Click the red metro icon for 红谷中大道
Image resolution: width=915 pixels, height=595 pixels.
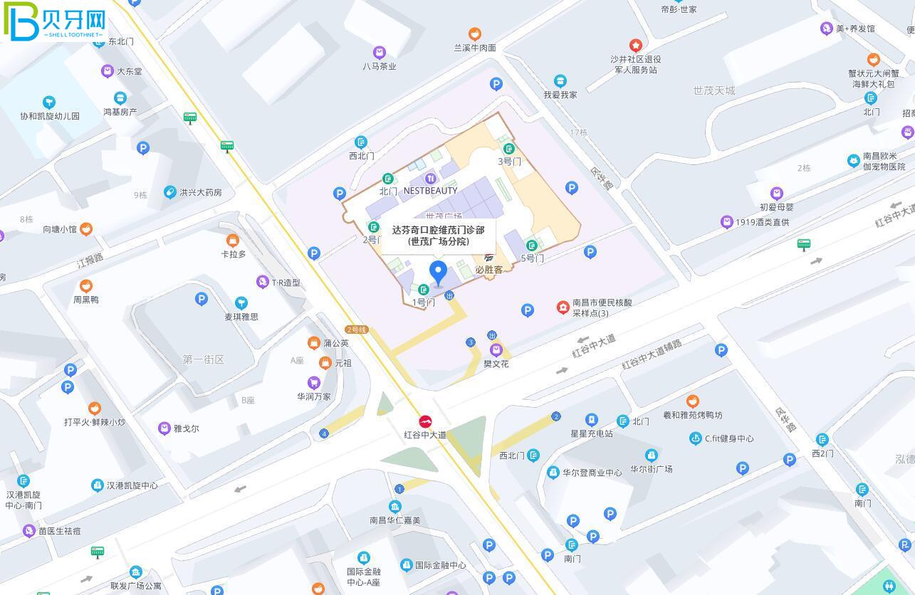point(425,421)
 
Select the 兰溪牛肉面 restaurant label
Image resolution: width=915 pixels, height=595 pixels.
point(475,48)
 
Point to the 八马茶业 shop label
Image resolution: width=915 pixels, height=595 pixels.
point(379,65)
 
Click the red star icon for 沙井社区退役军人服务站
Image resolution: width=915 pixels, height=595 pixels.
point(636,46)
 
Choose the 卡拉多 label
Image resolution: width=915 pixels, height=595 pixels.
point(233,254)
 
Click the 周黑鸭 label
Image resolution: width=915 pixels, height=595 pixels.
point(86,300)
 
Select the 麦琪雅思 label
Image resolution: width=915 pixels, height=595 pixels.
point(241,317)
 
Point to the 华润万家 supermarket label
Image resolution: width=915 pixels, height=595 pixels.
point(314,396)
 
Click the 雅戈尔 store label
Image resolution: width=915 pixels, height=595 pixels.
point(186,428)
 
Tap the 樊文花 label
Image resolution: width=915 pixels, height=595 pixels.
point(496,364)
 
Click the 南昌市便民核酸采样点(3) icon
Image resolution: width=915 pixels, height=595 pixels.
point(563,307)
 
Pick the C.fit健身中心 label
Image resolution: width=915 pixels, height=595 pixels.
point(728,438)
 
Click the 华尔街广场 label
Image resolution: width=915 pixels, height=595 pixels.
point(651,469)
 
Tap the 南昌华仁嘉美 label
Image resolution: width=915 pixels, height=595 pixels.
point(395,520)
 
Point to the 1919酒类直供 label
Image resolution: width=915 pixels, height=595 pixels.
point(762,222)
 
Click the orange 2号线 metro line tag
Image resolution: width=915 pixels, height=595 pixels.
point(356,330)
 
